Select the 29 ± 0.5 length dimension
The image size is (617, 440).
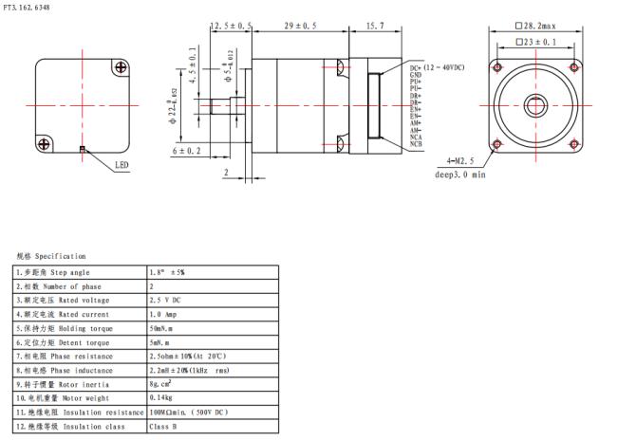pyautogui.click(x=301, y=26)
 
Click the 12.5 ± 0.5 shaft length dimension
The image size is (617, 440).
pyautogui.click(x=231, y=26)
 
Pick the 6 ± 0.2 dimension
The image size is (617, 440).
pyautogui.click(x=187, y=151)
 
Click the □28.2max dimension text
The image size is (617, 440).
pyautogui.click(x=537, y=26)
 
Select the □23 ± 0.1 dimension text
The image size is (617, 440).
pyautogui.click(x=537, y=42)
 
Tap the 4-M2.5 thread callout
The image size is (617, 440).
pyautogui.click(x=455, y=162)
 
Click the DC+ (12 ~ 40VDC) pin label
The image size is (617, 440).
pyautogui.click(x=438, y=68)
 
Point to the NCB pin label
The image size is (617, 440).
pyautogui.click(x=417, y=143)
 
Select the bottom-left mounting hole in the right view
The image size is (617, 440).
pyautogui.click(x=496, y=144)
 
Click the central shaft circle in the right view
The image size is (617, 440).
pyautogui.click(x=536, y=105)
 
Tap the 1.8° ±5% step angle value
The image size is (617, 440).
pyautogui.click(x=167, y=272)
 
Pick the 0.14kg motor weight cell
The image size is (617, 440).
pyautogui.click(x=162, y=398)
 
